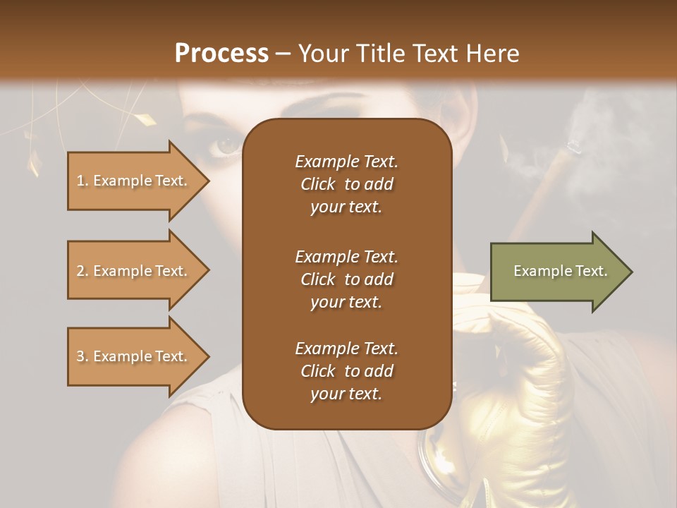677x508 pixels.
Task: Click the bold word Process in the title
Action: click(221, 53)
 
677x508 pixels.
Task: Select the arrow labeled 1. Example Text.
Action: click(134, 181)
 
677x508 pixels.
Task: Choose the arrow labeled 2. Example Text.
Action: click(134, 271)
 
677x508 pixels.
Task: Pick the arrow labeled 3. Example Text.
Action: click(134, 356)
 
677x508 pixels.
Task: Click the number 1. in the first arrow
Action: click(83, 181)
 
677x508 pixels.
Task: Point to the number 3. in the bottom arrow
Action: click(83, 356)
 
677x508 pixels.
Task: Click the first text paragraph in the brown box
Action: click(346, 184)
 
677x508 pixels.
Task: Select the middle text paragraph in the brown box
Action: click(346, 279)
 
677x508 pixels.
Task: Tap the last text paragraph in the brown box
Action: click(346, 371)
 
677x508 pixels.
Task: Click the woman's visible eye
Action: click(227, 146)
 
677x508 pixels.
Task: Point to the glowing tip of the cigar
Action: click(574, 146)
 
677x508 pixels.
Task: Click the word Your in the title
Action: click(322, 53)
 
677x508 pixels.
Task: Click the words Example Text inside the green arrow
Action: click(560, 271)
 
